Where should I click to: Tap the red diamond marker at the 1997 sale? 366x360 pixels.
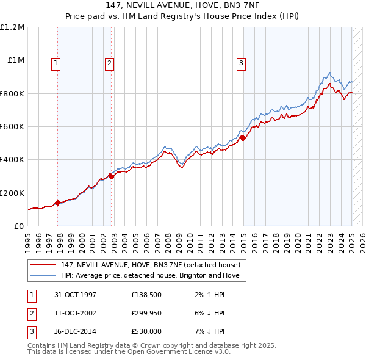point(58,203)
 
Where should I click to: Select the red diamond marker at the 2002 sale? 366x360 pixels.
point(111,176)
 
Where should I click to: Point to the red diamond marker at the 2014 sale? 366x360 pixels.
point(243,138)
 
